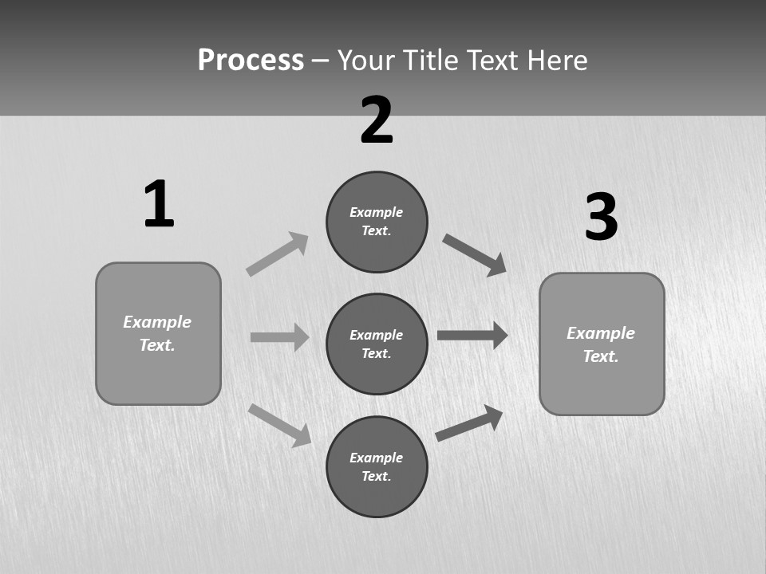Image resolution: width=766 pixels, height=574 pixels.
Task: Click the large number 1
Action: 159,204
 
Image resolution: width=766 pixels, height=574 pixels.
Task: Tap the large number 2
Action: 377,120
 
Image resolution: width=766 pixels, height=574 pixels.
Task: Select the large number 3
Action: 602,218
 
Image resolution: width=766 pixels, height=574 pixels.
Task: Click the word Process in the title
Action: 251,61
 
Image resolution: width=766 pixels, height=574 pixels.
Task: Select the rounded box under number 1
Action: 158,333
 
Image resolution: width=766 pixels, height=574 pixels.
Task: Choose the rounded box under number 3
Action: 602,344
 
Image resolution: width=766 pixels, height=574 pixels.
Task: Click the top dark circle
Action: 377,222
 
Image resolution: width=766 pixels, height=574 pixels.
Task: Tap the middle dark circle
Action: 377,344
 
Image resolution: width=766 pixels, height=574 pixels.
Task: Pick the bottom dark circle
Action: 377,466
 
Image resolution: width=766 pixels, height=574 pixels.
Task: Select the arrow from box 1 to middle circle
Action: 279,337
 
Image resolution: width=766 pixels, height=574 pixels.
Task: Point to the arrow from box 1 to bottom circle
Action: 280,425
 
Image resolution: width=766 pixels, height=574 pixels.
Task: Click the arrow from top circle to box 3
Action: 475,255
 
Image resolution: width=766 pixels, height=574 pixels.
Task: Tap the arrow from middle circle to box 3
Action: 472,335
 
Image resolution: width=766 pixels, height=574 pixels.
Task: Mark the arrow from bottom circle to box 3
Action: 469,423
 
